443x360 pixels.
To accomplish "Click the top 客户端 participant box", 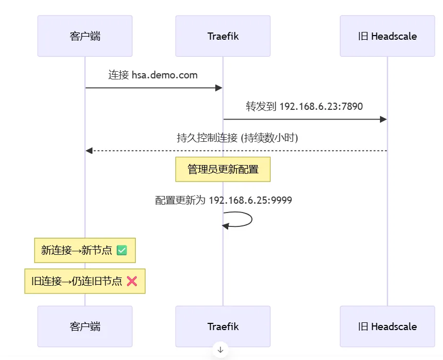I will [85, 36].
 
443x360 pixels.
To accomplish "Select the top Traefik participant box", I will [223, 36].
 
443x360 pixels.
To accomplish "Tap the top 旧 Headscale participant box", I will [387, 36].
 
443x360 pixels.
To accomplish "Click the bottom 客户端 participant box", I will [85, 326].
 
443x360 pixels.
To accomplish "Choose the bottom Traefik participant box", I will [223, 326].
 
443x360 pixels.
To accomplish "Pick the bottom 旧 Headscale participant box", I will [387, 326].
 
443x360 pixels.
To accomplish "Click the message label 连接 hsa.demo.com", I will [153, 75].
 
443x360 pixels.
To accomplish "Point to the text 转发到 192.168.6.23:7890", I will [304, 107].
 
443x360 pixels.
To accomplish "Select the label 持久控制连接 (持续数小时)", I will [237, 138].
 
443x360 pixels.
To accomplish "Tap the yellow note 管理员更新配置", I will [223, 169].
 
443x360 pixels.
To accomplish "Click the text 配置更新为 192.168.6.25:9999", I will [224, 200].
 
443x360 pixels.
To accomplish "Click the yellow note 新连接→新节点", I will [85, 251].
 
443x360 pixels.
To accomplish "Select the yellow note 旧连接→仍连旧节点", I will [85, 281].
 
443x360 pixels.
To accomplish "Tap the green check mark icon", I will [122, 251].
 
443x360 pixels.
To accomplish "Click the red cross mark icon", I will [132, 281].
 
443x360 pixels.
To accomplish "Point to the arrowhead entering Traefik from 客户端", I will [219, 88].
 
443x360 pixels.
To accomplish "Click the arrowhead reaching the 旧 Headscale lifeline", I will [383, 120].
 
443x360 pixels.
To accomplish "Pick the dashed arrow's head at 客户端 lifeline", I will [89, 151].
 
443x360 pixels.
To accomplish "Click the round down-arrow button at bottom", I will [220, 350].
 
